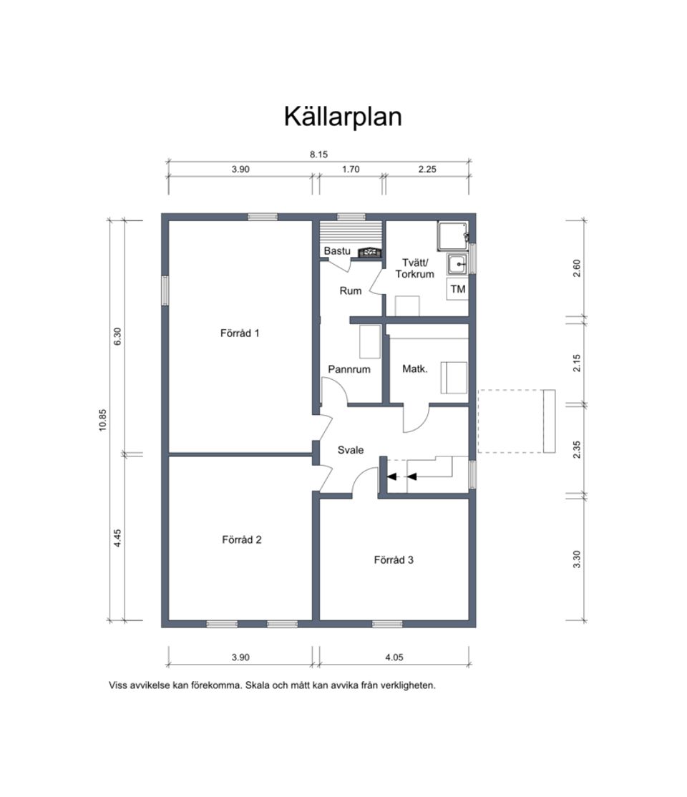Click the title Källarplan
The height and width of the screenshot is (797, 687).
pyautogui.click(x=343, y=116)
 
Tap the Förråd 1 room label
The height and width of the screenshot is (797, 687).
pyautogui.click(x=240, y=333)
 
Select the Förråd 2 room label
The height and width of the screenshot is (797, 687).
pyautogui.click(x=241, y=539)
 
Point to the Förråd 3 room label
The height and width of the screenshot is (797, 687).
pyautogui.click(x=394, y=559)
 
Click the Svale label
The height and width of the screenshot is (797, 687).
pyautogui.click(x=351, y=450)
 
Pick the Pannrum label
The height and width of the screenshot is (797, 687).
pyautogui.click(x=349, y=369)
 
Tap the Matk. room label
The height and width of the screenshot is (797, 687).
pyautogui.click(x=415, y=369)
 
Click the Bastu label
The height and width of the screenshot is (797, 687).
pyautogui.click(x=336, y=251)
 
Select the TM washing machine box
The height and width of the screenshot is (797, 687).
pyautogui.click(x=458, y=290)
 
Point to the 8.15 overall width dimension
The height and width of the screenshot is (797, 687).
pyautogui.click(x=319, y=154)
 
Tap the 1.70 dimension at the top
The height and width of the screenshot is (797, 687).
pyautogui.click(x=351, y=170)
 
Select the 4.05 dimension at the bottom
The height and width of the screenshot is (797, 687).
pyautogui.click(x=394, y=657)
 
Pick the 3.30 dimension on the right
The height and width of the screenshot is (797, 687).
pyautogui.click(x=578, y=558)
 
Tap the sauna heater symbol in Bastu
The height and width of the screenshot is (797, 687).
pyautogui.click(x=369, y=252)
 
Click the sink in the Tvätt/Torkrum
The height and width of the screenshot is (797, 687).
pyautogui.click(x=457, y=265)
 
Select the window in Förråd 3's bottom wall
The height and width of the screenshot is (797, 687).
pyautogui.click(x=387, y=624)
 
